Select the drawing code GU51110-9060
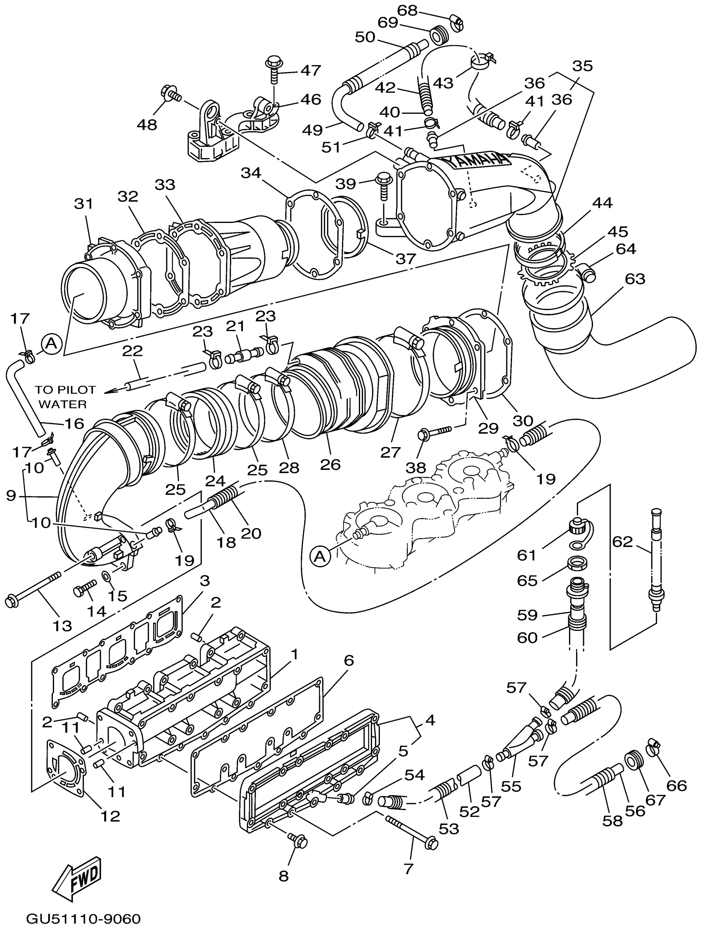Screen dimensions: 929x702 pos(83,919)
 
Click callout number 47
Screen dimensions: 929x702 pos(311,70)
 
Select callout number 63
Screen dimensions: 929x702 pos(635,278)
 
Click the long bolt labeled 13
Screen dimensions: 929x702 pos(33,588)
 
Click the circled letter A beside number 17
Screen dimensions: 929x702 pos(51,344)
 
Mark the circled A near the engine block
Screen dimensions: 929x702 pos(320,557)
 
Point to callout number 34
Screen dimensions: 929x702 pos(251,173)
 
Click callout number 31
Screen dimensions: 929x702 pos(84,204)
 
